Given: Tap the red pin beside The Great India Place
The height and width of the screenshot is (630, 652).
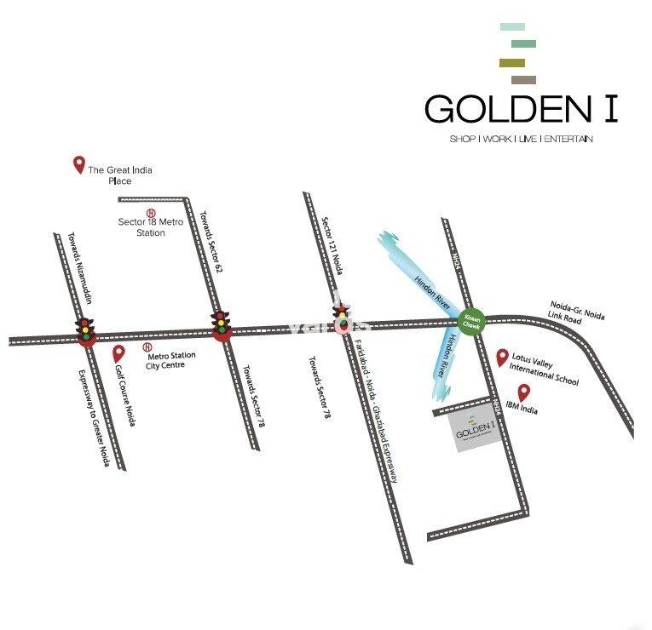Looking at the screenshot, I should click(x=79, y=164).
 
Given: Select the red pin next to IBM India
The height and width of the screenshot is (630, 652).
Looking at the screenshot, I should click(x=524, y=393).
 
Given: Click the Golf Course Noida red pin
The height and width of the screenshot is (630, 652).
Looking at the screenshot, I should click(x=119, y=352).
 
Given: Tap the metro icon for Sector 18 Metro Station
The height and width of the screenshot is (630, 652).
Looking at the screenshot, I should click(x=151, y=213).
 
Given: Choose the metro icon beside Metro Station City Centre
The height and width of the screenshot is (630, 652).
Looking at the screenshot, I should click(x=147, y=347).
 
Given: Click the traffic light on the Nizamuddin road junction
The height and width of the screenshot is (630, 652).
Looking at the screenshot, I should click(x=85, y=330).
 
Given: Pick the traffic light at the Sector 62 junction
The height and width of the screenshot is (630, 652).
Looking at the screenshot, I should click(x=222, y=325).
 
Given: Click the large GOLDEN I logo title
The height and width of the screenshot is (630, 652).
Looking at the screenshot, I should click(x=521, y=109).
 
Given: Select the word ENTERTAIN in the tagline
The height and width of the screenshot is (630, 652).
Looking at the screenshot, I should click(x=568, y=139).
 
